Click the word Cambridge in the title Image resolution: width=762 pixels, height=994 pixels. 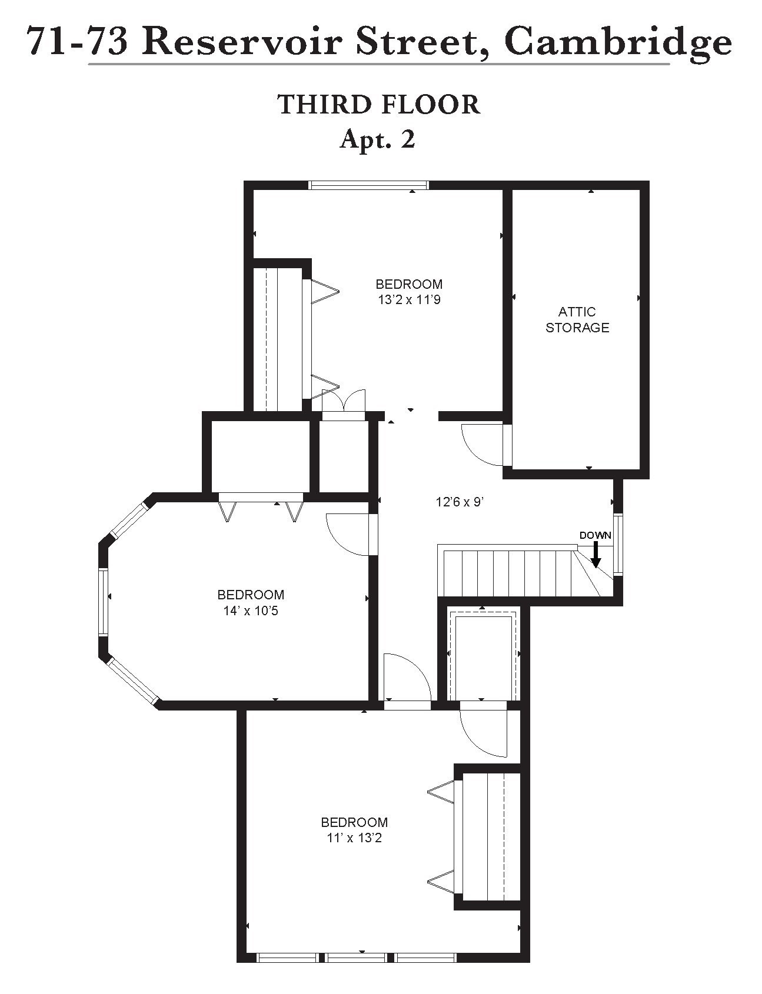pyautogui.click(x=618, y=42)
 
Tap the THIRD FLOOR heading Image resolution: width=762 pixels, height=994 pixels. pyautogui.click(x=379, y=105)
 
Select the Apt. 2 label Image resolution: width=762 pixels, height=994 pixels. pyautogui.click(x=378, y=139)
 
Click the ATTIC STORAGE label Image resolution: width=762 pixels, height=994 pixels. pyautogui.click(x=577, y=320)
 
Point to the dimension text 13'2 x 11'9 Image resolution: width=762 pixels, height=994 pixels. pyautogui.click(x=409, y=300)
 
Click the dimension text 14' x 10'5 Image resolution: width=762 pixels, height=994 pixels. pyautogui.click(x=251, y=611)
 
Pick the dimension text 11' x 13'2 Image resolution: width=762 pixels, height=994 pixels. pyautogui.click(x=354, y=838)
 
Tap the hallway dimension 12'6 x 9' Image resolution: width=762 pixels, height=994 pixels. pyautogui.click(x=459, y=502)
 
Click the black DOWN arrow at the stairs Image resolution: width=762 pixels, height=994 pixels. pyautogui.click(x=595, y=555)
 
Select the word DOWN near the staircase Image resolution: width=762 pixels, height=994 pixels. pyautogui.click(x=595, y=535)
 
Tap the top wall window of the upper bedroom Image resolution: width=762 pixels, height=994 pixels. pyautogui.click(x=369, y=185)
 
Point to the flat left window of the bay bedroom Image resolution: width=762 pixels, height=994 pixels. pyautogui.click(x=104, y=602)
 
